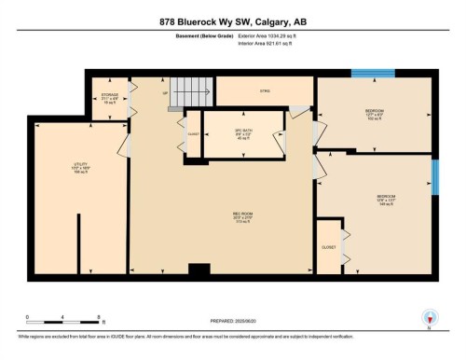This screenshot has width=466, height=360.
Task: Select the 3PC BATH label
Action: point(241,134)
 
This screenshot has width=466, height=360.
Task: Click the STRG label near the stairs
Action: point(264,91)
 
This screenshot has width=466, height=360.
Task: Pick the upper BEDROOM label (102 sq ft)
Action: point(375,114)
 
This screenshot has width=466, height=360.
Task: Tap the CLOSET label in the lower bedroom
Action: point(328,247)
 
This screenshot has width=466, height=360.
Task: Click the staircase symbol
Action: point(191,90)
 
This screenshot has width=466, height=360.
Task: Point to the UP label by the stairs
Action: point(166,94)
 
